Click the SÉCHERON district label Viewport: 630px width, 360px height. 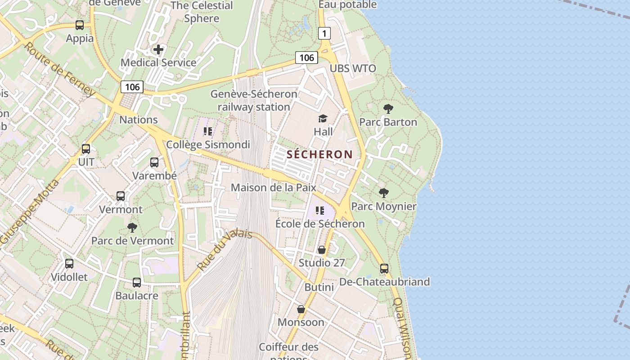click(x=320, y=154)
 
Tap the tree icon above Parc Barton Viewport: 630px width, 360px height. click(x=388, y=109)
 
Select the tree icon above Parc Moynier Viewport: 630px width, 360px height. click(x=383, y=193)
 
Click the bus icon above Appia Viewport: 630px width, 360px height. click(x=80, y=25)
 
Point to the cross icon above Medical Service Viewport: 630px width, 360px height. click(x=158, y=49)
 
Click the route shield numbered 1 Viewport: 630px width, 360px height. click(x=324, y=33)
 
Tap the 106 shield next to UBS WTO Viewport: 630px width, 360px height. click(x=306, y=58)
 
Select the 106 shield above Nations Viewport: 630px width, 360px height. click(x=132, y=87)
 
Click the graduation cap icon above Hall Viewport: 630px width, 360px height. click(x=323, y=119)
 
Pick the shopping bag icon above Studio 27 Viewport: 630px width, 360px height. click(x=322, y=250)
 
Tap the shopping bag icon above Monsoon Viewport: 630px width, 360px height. click(x=301, y=310)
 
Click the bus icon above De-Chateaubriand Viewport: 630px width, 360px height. click(x=384, y=269)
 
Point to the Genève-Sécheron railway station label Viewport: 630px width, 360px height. click(x=254, y=100)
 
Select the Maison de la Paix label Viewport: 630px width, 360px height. click(x=274, y=187)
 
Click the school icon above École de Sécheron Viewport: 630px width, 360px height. click(x=320, y=211)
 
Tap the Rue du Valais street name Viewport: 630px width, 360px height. click(x=224, y=250)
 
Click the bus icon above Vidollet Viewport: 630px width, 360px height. click(x=69, y=264)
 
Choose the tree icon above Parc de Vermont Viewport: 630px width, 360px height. click(x=132, y=228)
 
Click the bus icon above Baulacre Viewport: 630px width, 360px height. click(x=137, y=283)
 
